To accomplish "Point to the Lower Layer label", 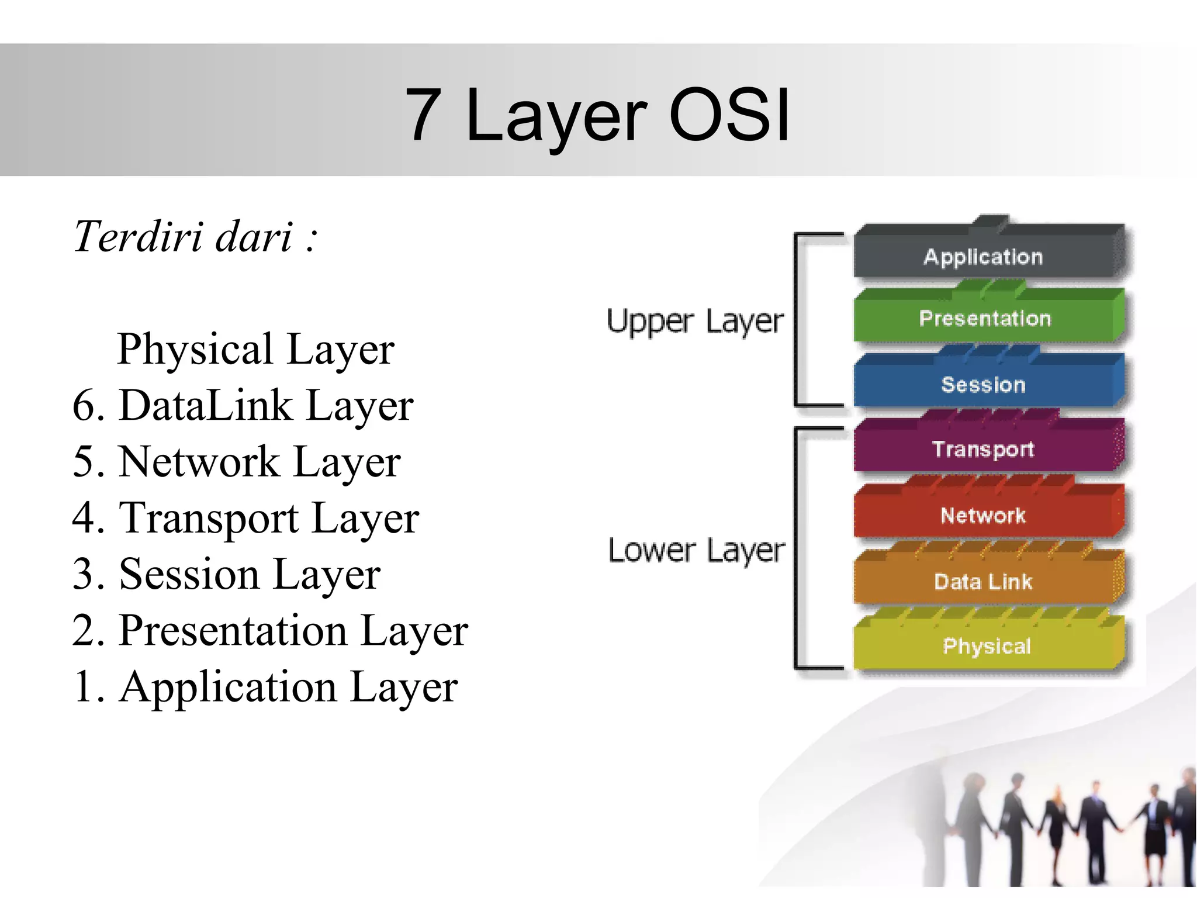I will [696, 551].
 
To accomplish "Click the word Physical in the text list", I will [195, 350].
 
